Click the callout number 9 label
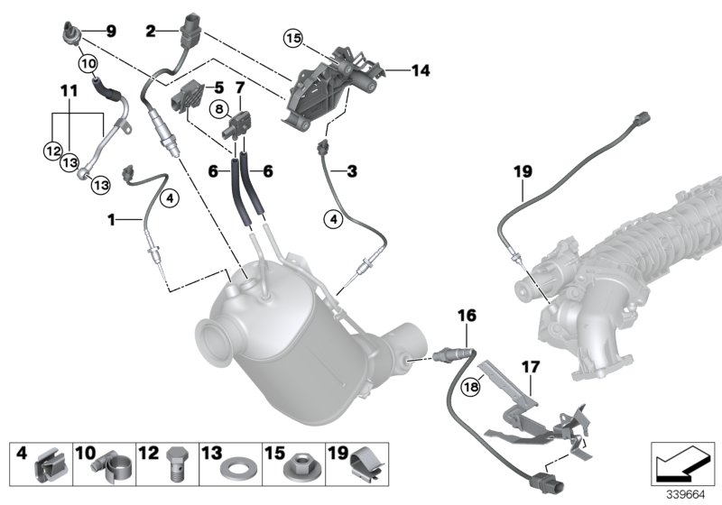pos(111,31)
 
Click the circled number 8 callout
pos(218,108)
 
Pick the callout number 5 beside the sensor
pos(218,87)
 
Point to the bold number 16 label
pos(466,316)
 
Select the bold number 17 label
pos(530,367)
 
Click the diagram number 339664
pos(683,493)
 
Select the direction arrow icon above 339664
pos(682,464)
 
